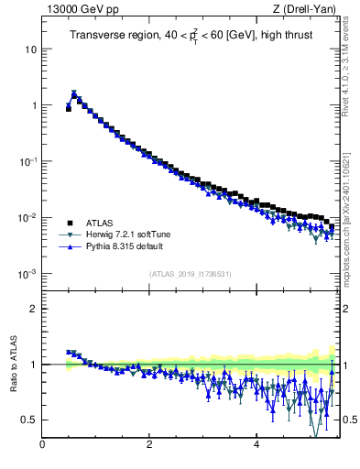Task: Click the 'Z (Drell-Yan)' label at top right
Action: click(306, 8)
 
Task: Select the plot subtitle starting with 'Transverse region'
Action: click(189, 36)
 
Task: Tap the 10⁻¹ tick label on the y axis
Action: click(27, 161)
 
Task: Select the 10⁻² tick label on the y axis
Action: click(27, 217)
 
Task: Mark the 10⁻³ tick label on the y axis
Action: click(27, 274)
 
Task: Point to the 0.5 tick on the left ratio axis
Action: click(27, 420)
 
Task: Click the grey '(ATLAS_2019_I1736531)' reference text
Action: click(191, 274)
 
